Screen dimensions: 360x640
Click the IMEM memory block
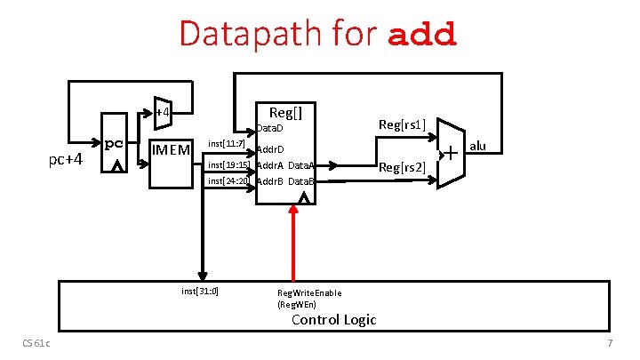tap(171, 149)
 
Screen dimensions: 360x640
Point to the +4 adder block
tap(162, 112)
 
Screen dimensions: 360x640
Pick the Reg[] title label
tap(285, 112)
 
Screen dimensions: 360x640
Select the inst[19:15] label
tap(228, 164)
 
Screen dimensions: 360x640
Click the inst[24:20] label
tap(228, 180)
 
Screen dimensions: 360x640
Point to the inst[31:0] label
tap(200, 290)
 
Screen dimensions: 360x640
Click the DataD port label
tap(269, 129)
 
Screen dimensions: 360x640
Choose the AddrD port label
tap(270, 148)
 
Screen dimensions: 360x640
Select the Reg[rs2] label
tap(402, 166)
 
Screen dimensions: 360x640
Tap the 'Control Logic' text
tap(334, 319)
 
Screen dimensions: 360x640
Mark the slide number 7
tap(610, 344)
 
